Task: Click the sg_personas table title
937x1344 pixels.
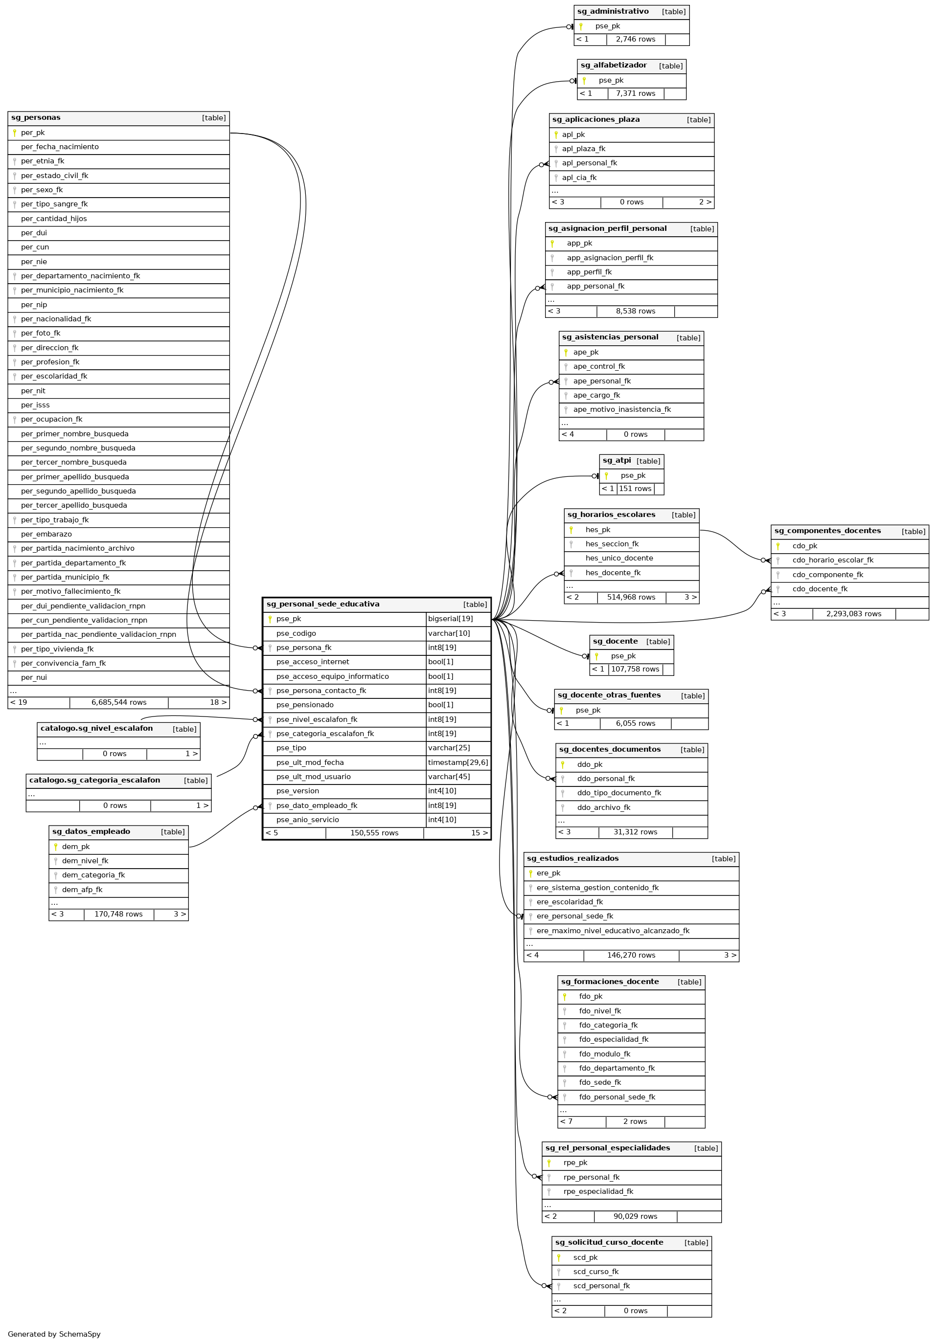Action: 36,118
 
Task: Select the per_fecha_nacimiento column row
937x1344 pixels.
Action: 60,147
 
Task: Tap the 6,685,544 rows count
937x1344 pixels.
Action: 119,702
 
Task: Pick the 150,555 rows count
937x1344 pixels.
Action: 374,833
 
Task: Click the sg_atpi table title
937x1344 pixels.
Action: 617,461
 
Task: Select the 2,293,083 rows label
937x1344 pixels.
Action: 853,614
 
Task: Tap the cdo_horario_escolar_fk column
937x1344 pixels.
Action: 832,560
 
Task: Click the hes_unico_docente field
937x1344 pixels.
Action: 619,559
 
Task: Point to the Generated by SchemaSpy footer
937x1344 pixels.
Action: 54,1334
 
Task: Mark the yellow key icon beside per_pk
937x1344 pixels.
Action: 15,133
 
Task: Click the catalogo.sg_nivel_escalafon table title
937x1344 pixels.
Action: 96,729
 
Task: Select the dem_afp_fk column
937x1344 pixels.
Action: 82,890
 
